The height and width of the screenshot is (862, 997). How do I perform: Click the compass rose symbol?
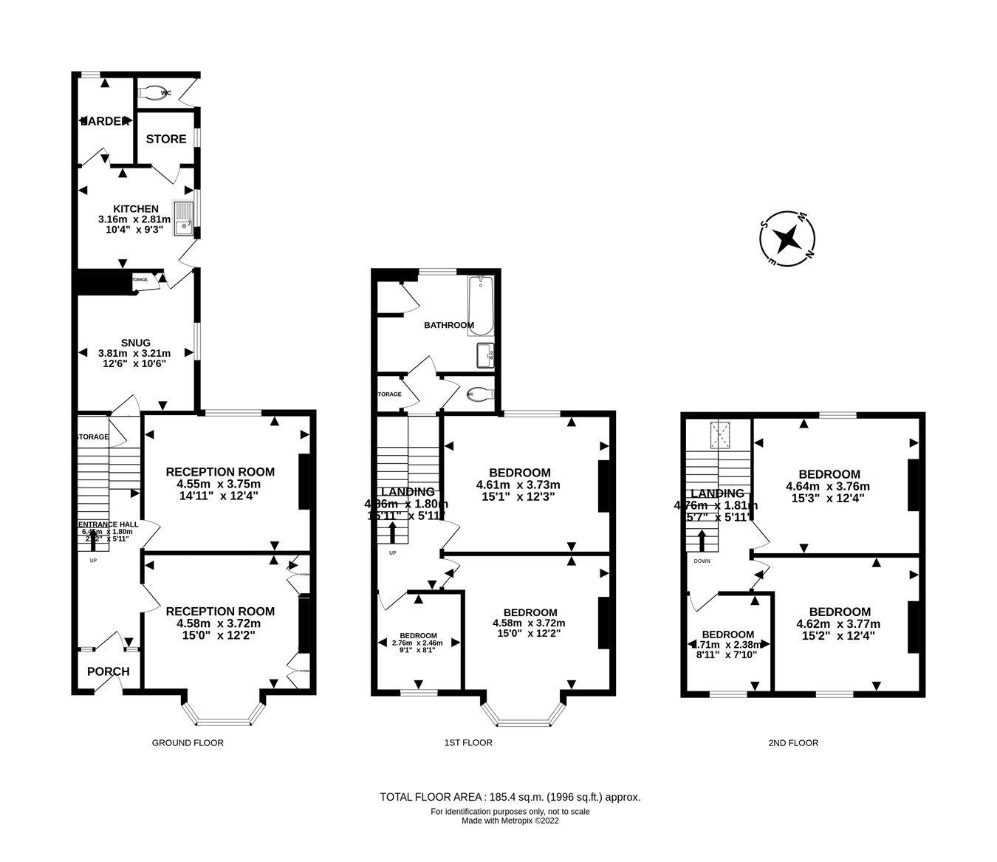point(787,239)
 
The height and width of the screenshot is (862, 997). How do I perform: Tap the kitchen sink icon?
point(182,219)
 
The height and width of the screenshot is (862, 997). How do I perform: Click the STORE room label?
point(166,139)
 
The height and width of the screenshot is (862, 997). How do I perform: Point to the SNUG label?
point(136,343)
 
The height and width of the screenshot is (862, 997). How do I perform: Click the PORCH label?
point(108,671)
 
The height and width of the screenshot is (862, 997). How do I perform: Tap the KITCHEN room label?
point(135,209)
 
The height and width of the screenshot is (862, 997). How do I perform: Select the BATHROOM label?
point(448,326)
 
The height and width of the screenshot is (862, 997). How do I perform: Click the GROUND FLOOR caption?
point(188,743)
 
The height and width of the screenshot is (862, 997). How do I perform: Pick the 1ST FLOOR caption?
point(468,743)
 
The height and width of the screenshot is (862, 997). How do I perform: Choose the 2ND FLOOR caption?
point(793,743)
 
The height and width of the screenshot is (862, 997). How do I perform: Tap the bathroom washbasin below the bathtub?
point(484,355)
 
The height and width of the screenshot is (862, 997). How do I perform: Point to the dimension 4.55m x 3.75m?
point(219,485)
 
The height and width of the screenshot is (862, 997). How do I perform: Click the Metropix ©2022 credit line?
point(510,821)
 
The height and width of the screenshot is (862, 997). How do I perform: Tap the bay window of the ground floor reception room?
point(223,715)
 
